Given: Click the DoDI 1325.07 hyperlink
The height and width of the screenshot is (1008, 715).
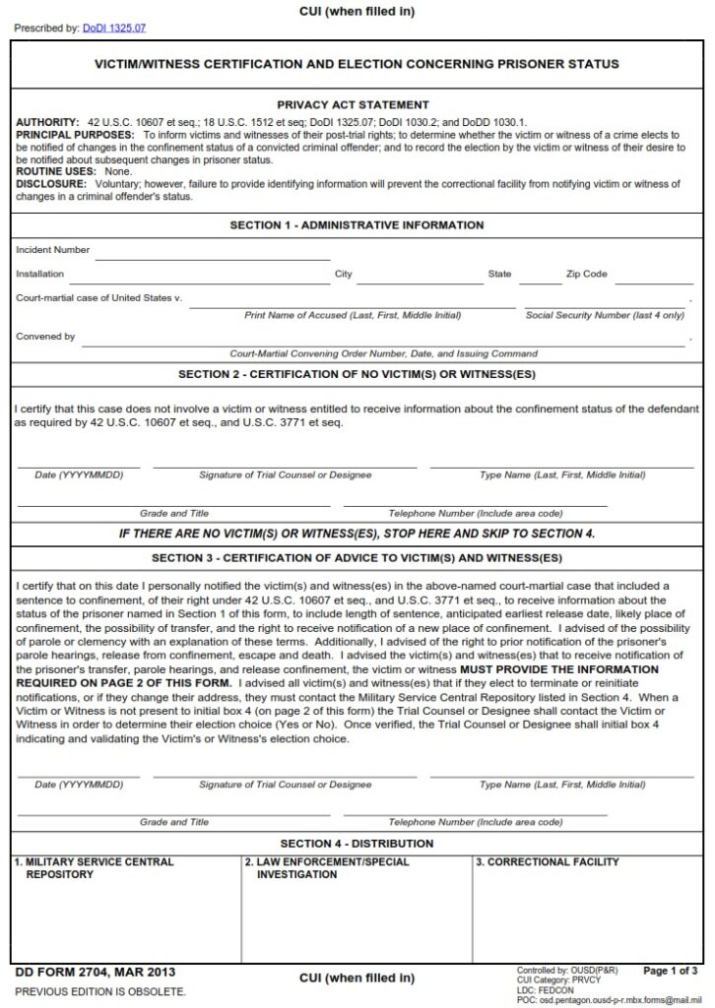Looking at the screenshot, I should coord(113,29).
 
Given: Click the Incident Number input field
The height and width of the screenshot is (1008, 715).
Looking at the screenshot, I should coord(212,252).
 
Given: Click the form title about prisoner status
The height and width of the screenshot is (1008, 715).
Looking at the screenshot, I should coord(356,64).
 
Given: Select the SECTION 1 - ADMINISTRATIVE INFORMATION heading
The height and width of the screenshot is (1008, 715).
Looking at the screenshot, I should coord(357,225).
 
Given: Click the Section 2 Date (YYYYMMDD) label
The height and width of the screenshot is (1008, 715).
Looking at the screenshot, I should coord(79,475).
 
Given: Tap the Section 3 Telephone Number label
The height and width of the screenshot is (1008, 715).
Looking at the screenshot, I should coord(476,822).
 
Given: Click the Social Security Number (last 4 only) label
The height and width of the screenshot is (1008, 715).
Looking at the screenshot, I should coord(605,316).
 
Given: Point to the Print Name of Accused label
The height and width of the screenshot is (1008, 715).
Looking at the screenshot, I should coord(352,316).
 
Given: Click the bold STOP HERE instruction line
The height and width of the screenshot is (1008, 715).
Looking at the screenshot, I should coord(357,534).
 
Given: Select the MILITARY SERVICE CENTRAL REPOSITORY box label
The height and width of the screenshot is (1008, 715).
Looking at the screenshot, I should coord(95,867).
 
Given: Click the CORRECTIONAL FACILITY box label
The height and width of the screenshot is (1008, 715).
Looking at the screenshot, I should coord(548,862).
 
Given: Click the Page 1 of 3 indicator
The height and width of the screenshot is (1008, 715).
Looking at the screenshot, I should coord(670,971).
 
